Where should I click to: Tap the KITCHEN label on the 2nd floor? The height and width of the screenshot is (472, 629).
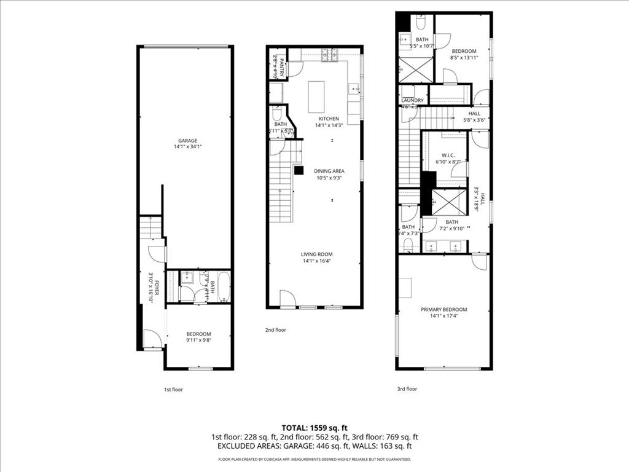328,119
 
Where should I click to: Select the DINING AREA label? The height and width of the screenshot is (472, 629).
329,171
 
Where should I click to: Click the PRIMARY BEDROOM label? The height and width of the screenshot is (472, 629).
443,310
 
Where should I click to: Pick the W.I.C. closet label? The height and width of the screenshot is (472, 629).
447,155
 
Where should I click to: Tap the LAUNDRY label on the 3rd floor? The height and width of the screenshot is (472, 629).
412,100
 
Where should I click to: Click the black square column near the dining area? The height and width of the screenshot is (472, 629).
299,170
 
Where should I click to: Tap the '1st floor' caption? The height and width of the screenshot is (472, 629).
173,390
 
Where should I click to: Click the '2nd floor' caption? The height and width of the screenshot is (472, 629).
276,330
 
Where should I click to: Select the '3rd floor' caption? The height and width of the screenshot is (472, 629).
407,389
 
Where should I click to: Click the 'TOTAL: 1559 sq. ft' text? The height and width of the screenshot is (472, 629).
314,427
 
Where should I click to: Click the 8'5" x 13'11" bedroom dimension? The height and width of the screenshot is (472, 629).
464,58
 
